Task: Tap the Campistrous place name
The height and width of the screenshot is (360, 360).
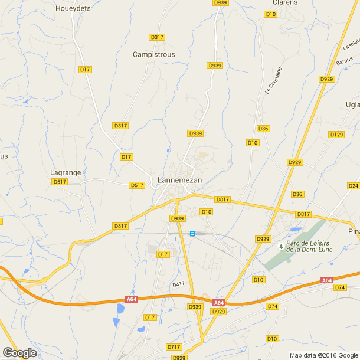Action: [153, 54]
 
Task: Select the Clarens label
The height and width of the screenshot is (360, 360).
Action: [284, 2]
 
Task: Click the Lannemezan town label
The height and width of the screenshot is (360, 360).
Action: [180, 180]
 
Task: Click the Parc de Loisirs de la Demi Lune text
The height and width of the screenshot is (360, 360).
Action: [306, 246]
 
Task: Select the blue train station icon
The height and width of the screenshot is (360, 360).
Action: [192, 234]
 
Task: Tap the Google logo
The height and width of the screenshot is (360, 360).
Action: [20, 353]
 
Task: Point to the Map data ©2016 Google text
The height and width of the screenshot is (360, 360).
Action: [324, 355]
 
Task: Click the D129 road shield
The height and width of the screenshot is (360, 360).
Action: [336, 135]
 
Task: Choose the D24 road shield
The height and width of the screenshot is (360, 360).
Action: [353, 185]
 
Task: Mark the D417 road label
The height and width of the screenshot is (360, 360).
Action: [179, 284]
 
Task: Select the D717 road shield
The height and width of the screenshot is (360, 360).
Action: [174, 346]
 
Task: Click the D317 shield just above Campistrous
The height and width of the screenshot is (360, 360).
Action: [157, 37]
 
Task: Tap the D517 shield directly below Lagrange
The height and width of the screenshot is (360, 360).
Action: [60, 182]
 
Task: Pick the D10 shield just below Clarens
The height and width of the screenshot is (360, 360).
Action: [271, 14]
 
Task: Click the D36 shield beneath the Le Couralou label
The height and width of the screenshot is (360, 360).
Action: [263, 129]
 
